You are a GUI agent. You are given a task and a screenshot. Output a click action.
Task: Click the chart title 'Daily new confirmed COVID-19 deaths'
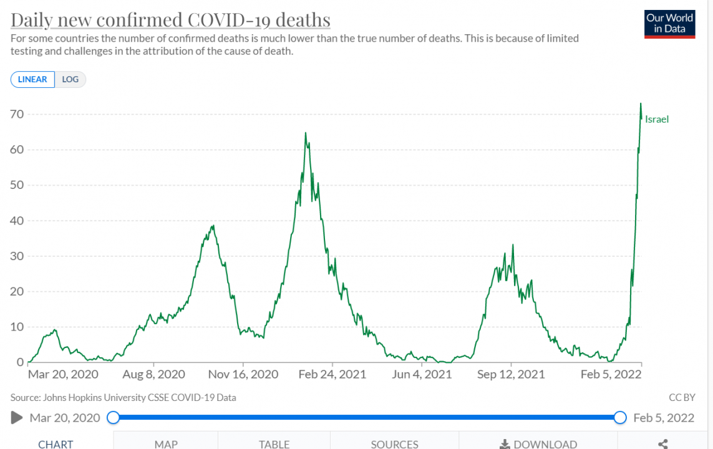pos(170,20)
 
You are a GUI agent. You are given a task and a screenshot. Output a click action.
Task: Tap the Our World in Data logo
pos(670,24)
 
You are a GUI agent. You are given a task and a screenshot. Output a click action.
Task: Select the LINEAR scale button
pos(32,79)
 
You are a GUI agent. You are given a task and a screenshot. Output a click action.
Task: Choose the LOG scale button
pos(70,79)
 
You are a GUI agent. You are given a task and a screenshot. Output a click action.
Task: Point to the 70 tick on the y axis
pos(17,114)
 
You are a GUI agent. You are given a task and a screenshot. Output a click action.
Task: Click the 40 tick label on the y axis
pos(17,221)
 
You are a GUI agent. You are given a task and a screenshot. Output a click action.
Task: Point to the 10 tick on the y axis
pos(17,327)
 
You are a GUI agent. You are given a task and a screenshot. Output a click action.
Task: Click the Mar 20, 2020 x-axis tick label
pos(63,374)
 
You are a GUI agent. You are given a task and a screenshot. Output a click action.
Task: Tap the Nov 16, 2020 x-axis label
pos(243,374)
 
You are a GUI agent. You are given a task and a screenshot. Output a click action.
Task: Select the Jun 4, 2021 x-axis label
pos(422,374)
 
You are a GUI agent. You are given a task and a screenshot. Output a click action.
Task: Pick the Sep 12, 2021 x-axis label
pos(511,374)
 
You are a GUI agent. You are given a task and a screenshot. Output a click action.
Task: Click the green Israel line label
pos(657,119)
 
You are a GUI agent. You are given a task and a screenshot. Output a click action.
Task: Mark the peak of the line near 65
pos(306,133)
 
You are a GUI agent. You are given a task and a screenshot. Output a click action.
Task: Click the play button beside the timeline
pos(17,417)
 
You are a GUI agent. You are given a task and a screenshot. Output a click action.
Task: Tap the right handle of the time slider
pos(620,417)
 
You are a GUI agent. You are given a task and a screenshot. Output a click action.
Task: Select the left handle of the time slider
pos(113,417)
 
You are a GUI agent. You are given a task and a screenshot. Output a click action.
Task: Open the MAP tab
pos(166,444)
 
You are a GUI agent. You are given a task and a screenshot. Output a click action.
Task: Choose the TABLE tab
pos(274,444)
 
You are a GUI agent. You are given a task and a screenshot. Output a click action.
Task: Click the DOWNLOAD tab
pos(538,444)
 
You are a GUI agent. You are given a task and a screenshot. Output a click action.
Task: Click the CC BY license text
pos(682,397)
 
